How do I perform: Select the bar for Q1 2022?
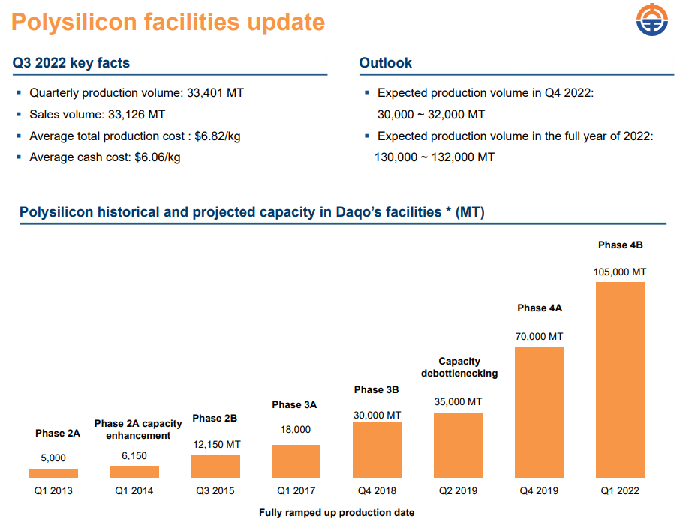click(620, 379)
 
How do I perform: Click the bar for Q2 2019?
click(458, 445)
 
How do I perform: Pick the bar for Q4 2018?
click(377, 450)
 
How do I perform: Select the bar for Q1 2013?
click(53, 473)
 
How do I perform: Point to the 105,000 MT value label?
click(620, 271)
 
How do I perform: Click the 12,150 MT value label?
click(215, 445)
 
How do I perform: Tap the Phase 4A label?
click(540, 307)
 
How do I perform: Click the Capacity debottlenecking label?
click(459, 367)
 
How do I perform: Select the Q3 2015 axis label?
click(215, 491)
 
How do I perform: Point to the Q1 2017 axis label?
click(296, 491)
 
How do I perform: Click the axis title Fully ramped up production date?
click(336, 512)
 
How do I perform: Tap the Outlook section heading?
click(385, 63)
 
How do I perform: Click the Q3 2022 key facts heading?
click(71, 63)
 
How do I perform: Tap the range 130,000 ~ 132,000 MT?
click(435, 157)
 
